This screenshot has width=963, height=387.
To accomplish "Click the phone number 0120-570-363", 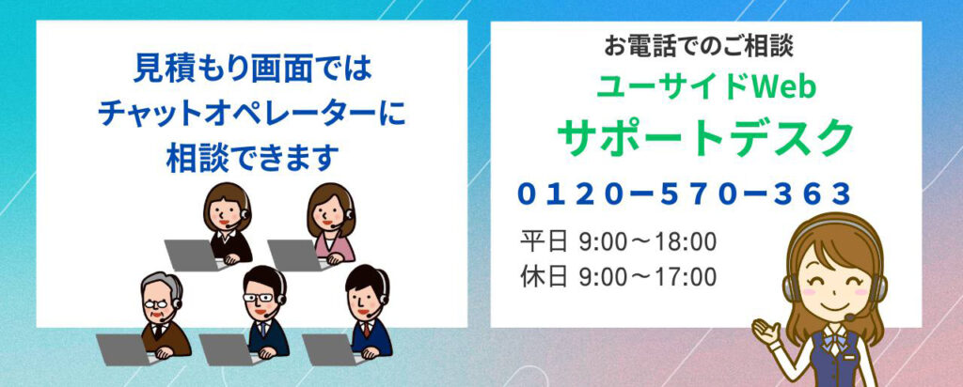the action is click(x=685, y=194).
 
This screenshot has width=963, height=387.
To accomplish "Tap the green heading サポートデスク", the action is click(x=705, y=137).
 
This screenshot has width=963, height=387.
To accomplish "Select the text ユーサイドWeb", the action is click(x=706, y=87).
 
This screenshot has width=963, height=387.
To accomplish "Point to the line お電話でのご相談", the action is click(x=699, y=46).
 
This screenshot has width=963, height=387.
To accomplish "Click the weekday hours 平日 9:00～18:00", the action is click(x=618, y=241).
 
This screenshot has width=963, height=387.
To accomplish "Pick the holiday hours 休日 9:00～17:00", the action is click(x=618, y=276).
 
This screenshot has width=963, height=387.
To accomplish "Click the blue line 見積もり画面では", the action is click(x=252, y=70).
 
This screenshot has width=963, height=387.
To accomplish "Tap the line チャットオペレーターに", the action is click(x=252, y=114).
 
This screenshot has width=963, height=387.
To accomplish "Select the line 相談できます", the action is click(x=252, y=158).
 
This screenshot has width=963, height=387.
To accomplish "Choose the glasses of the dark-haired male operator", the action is click(x=258, y=298).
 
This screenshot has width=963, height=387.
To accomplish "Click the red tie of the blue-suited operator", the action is click(x=366, y=330).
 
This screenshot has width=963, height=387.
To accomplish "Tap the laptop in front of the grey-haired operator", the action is click(x=125, y=349).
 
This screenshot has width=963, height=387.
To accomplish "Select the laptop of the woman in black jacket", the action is click(x=193, y=255).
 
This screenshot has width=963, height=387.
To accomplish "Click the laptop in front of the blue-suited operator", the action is click(x=331, y=349).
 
